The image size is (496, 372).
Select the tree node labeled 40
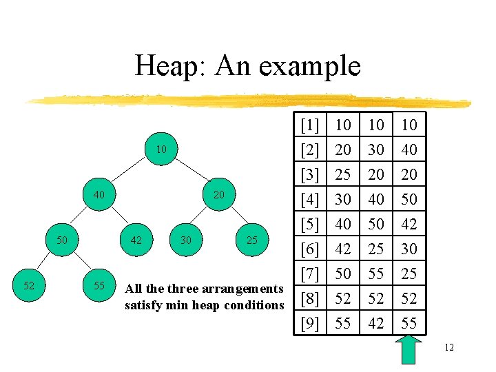99,195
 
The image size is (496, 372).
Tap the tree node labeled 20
218,195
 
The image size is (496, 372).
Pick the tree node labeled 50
62,240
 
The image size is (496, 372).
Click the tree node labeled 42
136,240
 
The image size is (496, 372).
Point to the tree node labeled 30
185,240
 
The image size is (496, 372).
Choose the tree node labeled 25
252,240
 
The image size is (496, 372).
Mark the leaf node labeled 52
30,285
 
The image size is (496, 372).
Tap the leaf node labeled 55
99,285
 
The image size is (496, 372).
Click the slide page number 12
448,348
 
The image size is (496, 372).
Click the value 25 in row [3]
342,175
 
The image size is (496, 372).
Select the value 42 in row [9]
375,324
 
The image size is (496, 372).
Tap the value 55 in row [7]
375,274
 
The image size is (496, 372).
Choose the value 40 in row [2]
409,150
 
